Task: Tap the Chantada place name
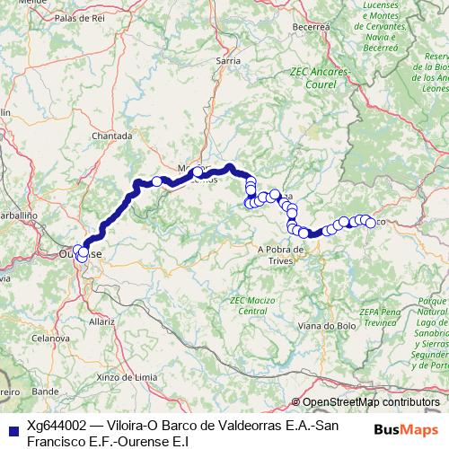(112, 136)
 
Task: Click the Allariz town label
(102, 320)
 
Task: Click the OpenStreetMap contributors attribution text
(371, 401)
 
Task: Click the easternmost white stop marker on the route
(370, 222)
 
